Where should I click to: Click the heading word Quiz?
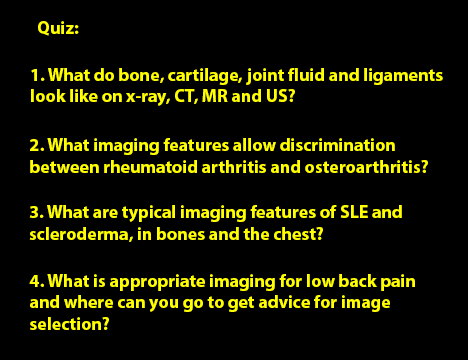pos(57,28)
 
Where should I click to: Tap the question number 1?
pos(36,75)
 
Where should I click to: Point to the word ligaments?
pos(403,76)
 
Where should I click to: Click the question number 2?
pos(37,145)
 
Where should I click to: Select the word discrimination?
pos(337,145)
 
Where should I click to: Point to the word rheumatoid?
pos(150,167)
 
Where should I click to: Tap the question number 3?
pos(37,212)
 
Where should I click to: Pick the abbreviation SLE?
pos(354,212)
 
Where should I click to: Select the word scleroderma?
pos(80,234)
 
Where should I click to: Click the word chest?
pos(296,234)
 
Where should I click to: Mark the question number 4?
pos(37,281)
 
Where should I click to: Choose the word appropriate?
pos(157,282)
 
